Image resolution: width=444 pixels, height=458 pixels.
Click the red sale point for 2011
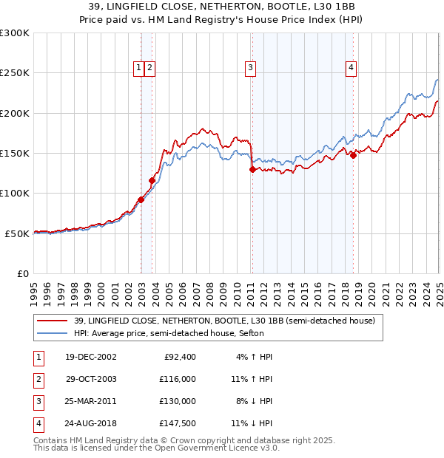point(252,169)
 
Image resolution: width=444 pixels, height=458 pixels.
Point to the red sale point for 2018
point(353,155)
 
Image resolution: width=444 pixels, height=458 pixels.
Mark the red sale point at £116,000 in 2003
point(152,180)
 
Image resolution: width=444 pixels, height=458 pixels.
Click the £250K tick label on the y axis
point(15,73)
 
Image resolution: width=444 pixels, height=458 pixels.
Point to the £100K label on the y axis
point(15,193)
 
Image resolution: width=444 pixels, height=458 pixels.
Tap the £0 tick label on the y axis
point(23,273)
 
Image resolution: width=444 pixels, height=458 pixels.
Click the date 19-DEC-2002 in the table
point(90,357)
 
